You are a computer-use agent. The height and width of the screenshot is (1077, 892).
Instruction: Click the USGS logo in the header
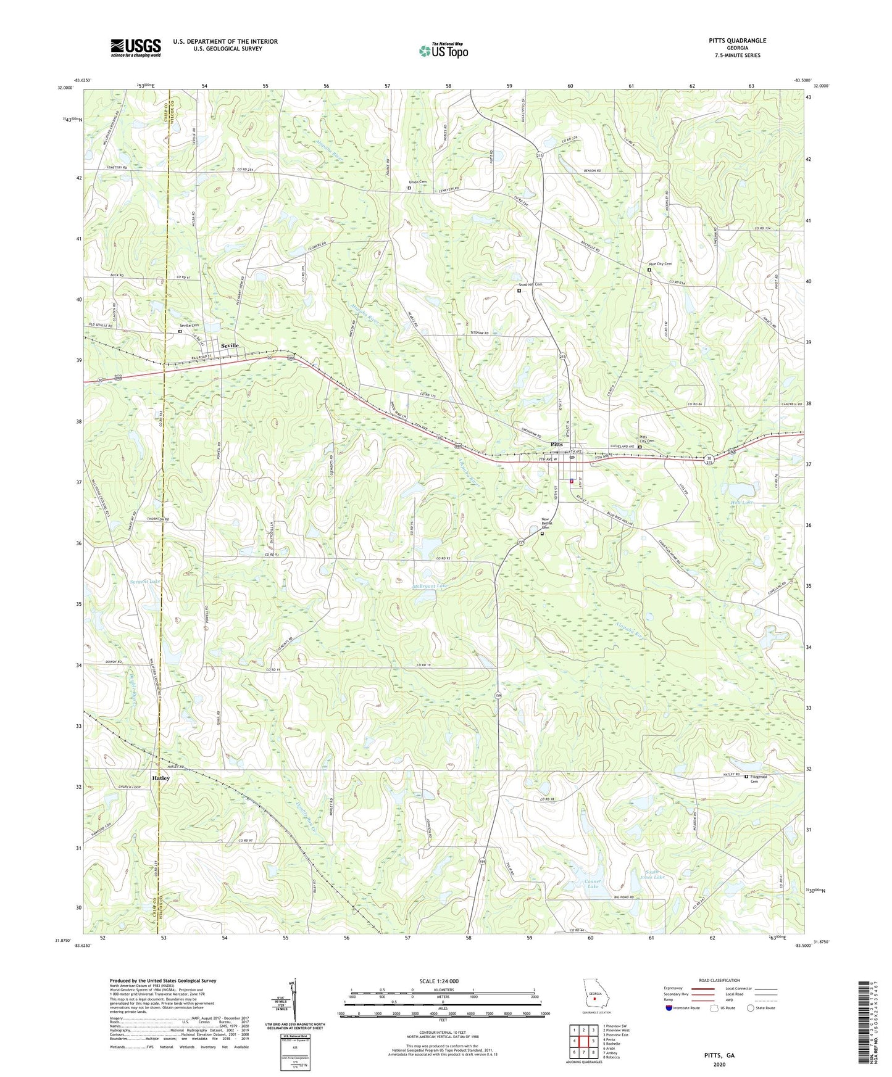point(135,47)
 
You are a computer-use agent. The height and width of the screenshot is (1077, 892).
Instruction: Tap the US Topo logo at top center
point(443,51)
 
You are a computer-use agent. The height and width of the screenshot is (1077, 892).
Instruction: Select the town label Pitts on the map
point(556,444)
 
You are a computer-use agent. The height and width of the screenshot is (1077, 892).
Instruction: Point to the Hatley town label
point(160,778)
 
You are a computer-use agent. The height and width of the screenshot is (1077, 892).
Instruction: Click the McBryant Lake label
point(430,586)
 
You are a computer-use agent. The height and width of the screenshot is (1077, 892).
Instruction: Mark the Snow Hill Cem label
point(530,284)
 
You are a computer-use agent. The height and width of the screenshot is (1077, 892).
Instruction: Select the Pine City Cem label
point(659,263)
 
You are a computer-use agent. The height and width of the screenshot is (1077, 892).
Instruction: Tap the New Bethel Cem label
point(546,524)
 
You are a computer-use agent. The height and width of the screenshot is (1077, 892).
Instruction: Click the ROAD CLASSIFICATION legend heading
point(719,980)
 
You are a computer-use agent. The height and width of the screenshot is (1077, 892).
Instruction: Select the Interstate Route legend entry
point(683,1008)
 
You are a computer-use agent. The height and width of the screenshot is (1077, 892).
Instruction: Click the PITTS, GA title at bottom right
point(719,1055)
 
